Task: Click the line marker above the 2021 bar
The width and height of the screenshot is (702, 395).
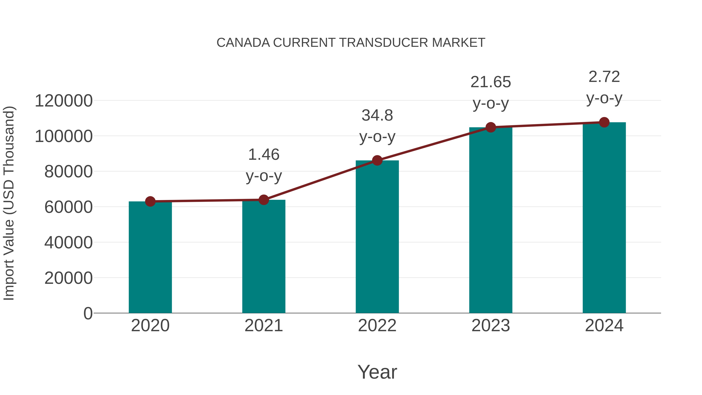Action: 263,200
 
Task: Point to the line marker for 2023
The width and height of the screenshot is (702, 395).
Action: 491,127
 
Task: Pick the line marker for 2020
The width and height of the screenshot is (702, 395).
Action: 150,201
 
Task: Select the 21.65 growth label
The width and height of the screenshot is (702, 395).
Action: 491,82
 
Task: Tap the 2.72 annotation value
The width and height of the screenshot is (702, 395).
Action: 604,77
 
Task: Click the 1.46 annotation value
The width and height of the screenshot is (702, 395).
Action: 263,154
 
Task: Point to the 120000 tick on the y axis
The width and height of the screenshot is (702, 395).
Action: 64,101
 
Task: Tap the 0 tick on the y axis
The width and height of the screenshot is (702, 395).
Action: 88,313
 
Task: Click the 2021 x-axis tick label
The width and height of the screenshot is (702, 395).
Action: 263,326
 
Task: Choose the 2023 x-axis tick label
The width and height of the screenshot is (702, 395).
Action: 491,326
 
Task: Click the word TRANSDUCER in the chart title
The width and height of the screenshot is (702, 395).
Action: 384,43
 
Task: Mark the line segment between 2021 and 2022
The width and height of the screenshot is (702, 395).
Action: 320,180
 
